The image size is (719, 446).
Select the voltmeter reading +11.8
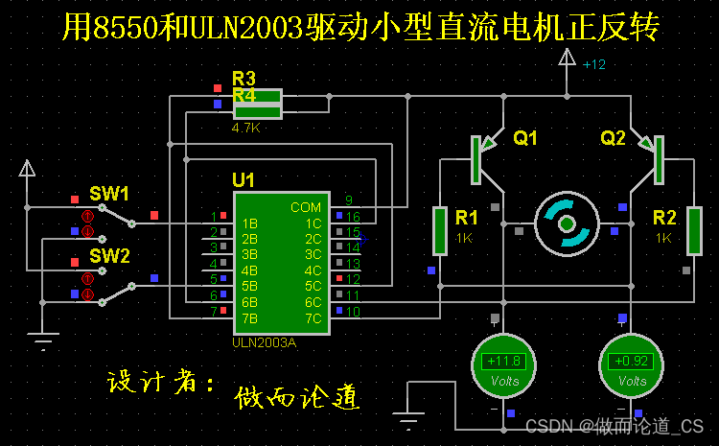503,365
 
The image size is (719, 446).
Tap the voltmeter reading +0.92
631,365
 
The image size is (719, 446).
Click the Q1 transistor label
525,138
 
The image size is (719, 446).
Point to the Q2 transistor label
613,138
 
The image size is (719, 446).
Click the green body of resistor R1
440,231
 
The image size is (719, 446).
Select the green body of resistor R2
694,231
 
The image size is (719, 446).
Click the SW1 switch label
109,194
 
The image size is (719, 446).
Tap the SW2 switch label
109,255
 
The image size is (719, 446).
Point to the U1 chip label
244,180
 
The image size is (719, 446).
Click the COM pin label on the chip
306,207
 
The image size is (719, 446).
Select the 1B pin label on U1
249,223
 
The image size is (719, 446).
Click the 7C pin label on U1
313,317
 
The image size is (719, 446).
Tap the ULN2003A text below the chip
265,342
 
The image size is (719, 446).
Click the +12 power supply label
594,65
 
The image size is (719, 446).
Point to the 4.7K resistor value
245,127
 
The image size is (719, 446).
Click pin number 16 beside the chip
353,217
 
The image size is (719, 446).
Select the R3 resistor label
244,78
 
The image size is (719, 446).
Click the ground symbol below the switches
42,337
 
